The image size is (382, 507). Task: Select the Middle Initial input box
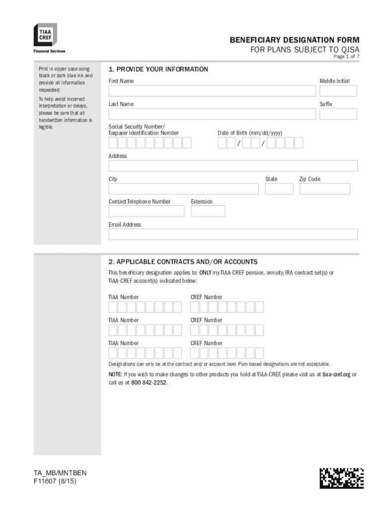(x=338, y=91)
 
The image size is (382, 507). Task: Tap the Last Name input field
(x=212, y=114)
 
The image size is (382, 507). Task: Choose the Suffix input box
(x=338, y=114)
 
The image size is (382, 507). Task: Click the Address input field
(x=233, y=166)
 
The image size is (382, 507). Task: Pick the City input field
(x=183, y=189)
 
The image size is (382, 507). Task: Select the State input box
(x=279, y=189)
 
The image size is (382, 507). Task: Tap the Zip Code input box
(x=324, y=189)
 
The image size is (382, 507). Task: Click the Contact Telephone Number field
(x=146, y=211)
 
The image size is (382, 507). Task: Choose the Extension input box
(x=208, y=211)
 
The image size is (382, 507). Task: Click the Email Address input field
(x=233, y=234)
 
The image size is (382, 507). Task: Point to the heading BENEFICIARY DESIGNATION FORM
(x=294, y=40)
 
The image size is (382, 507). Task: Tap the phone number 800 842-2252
(x=149, y=383)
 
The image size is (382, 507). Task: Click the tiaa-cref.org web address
(x=336, y=375)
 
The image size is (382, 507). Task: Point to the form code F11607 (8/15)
(x=53, y=481)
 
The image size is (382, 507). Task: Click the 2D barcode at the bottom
(x=341, y=478)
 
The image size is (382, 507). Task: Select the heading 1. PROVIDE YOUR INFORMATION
(x=158, y=69)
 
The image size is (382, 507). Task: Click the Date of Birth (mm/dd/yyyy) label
(x=250, y=133)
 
